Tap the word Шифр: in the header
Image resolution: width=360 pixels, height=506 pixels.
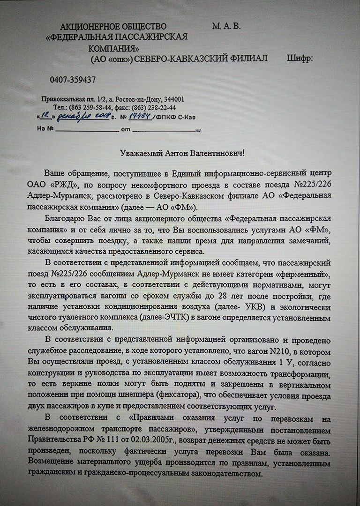click(299, 58)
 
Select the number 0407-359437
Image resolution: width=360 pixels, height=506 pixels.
click(73, 80)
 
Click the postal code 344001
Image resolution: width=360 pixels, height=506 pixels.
click(173, 99)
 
